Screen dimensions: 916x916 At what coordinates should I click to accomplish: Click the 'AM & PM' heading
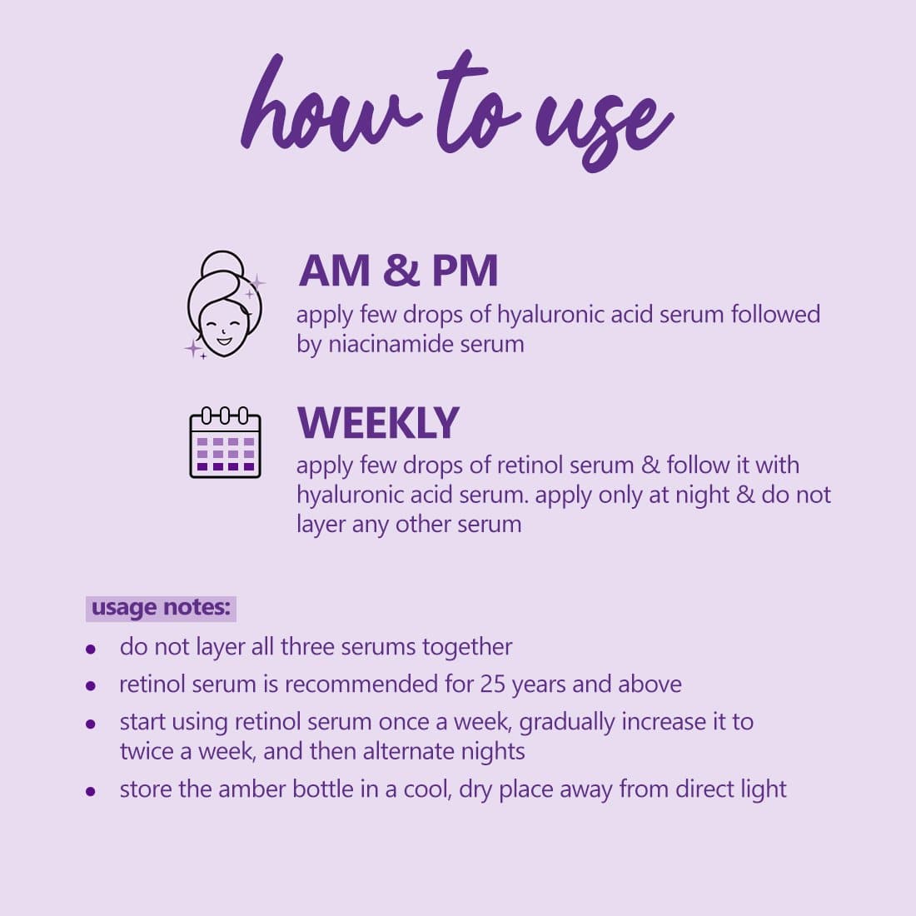pyautogui.click(x=398, y=271)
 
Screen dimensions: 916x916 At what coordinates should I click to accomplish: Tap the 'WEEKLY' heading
pyautogui.click(x=378, y=422)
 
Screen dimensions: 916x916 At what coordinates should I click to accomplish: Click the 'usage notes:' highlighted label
pyautogui.click(x=161, y=608)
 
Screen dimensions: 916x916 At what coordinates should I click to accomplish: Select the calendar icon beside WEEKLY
pyautogui.click(x=226, y=442)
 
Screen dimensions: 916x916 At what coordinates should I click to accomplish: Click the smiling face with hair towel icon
pyautogui.click(x=225, y=304)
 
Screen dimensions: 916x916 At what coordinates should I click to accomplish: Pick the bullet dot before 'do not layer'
pyautogui.click(x=91, y=649)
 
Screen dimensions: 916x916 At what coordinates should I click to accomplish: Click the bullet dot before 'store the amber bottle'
pyautogui.click(x=91, y=792)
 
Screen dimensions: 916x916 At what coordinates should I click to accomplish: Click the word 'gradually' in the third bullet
pyautogui.click(x=566, y=723)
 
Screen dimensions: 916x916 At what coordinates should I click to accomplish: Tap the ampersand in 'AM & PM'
pyautogui.click(x=401, y=271)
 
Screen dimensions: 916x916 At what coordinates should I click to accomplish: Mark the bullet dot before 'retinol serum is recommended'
pyautogui.click(x=91, y=686)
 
